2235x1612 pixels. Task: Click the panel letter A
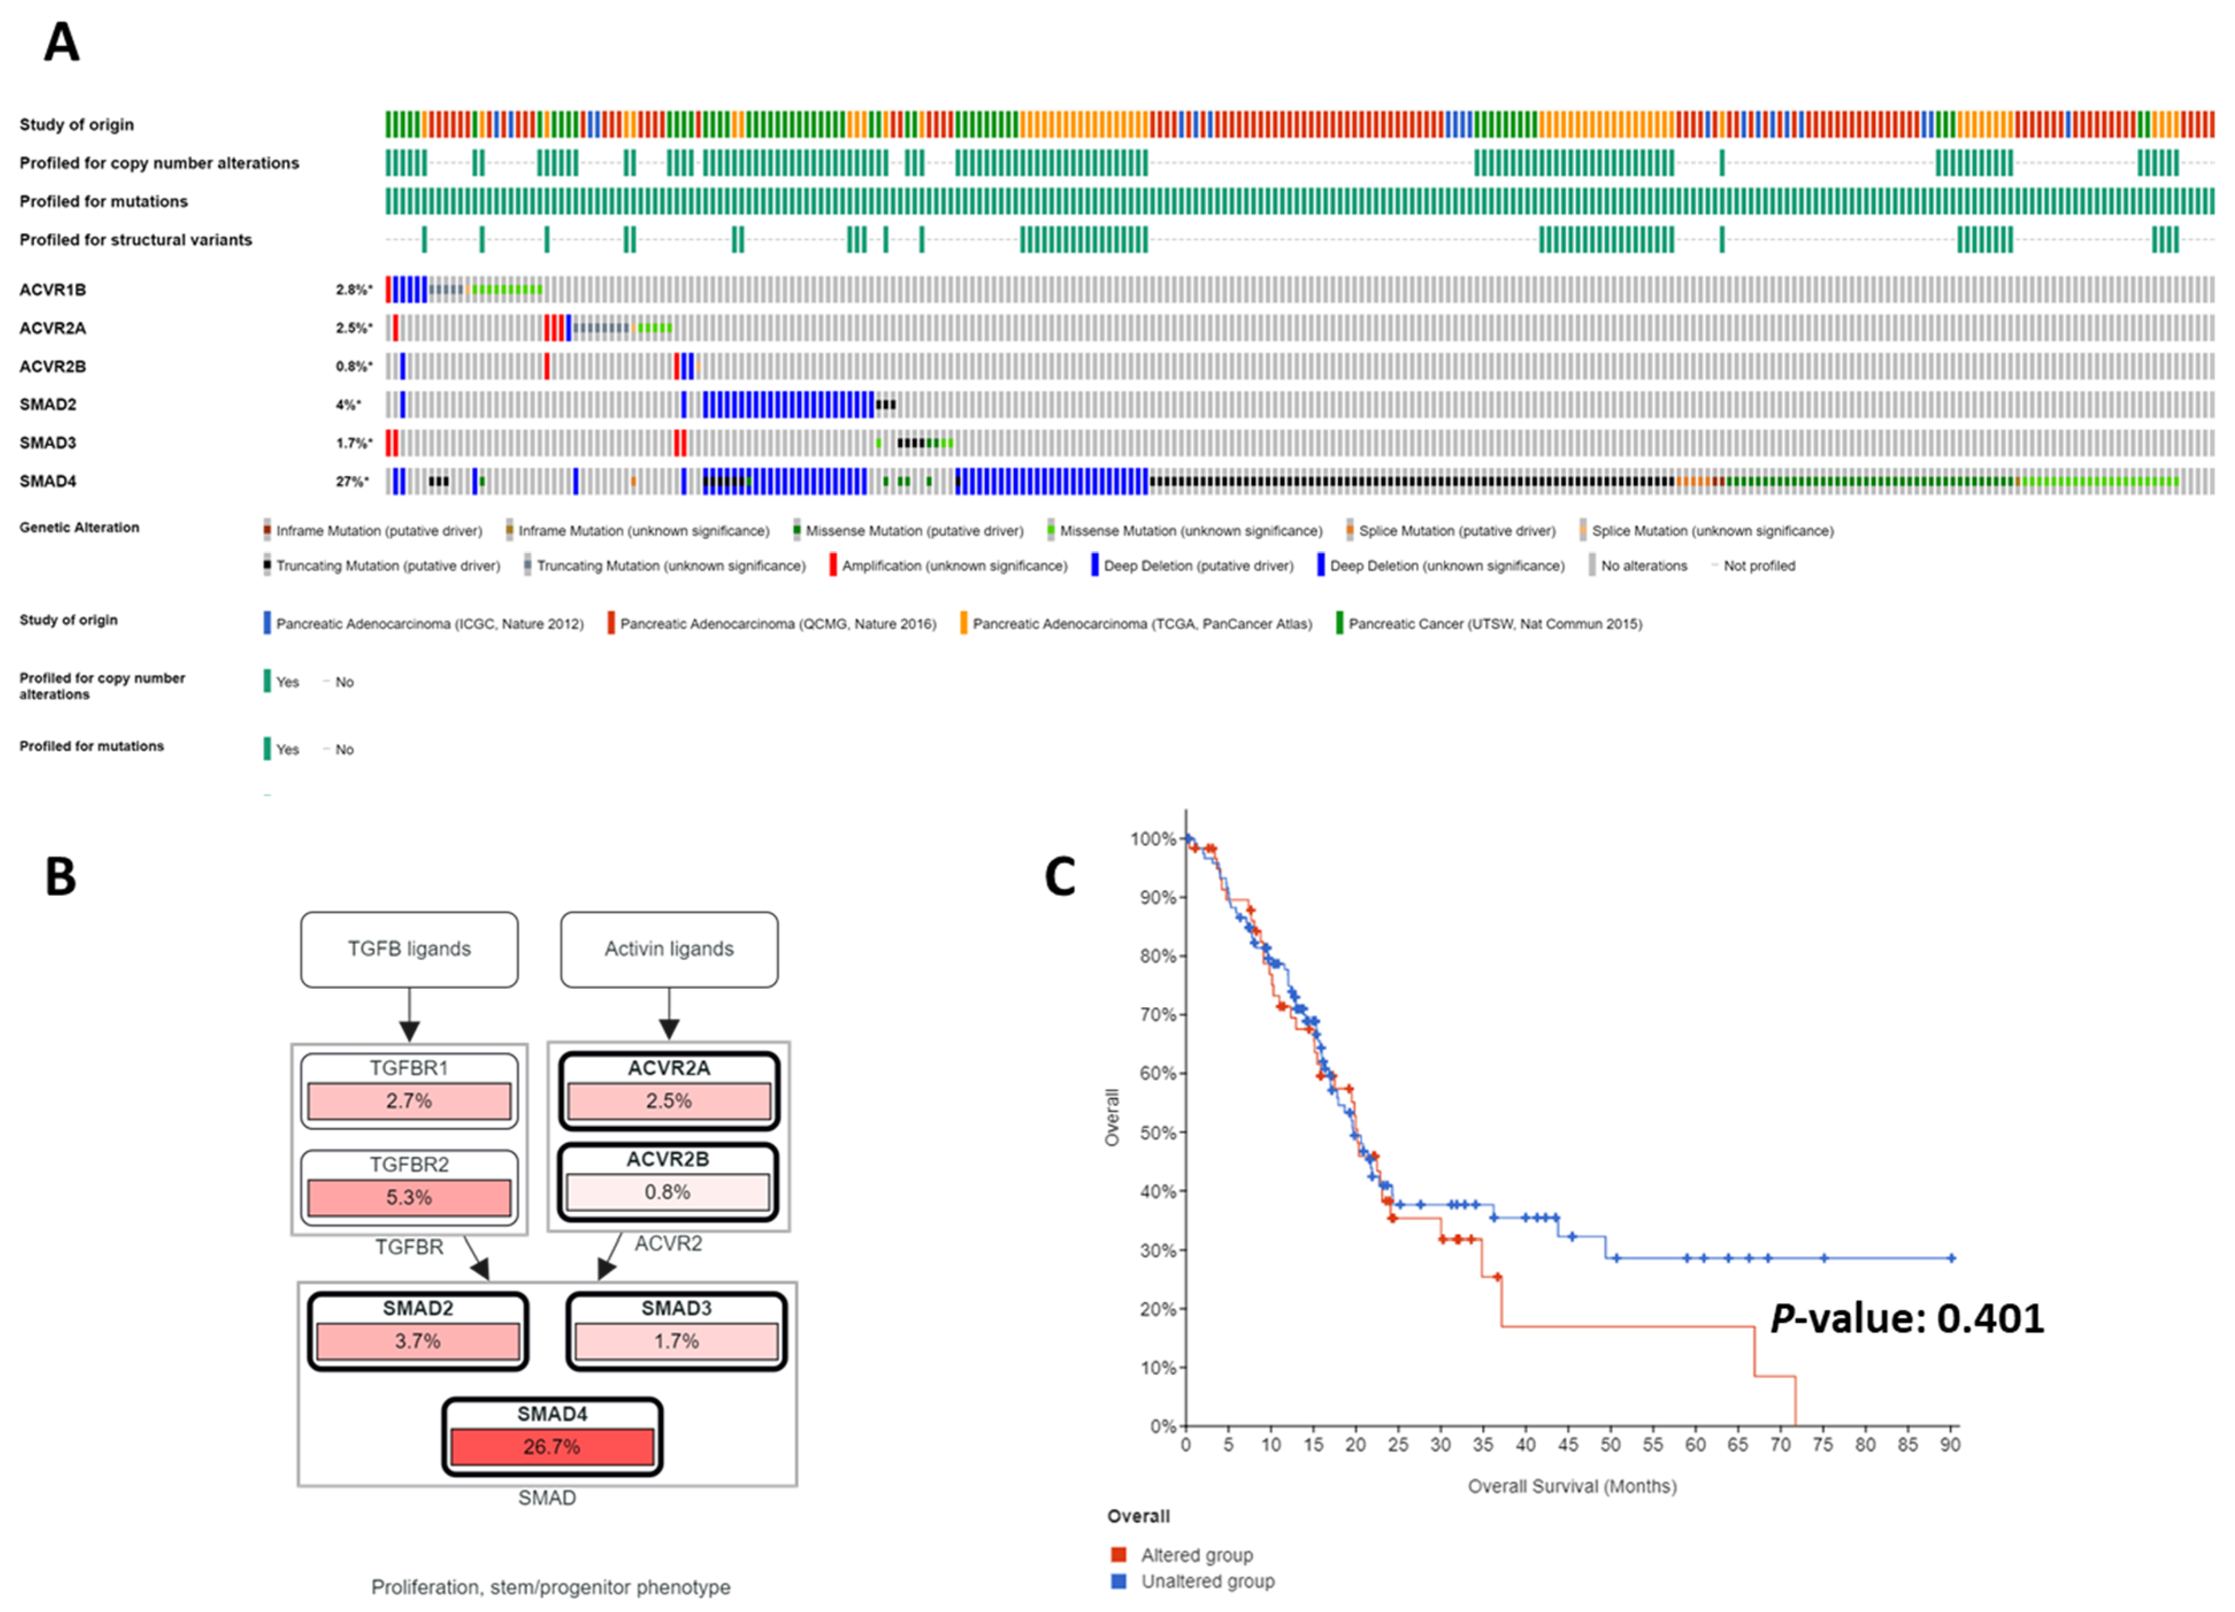click(61, 43)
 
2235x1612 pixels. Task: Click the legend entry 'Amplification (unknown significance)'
click(953, 566)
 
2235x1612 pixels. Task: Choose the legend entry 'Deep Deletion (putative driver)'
click(1197, 566)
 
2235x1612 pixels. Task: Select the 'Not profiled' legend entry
click(1758, 566)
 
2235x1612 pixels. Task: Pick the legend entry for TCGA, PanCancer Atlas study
click(1141, 624)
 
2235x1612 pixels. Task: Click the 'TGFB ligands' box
click(409, 949)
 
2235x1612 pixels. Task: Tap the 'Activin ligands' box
click(669, 949)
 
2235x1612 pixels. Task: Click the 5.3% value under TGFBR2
click(409, 1197)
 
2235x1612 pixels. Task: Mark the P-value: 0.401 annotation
click(1907, 1318)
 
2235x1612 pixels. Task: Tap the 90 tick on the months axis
click(1949, 1445)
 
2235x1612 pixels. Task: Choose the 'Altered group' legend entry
click(1195, 1555)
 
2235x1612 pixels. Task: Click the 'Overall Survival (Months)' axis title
click(1572, 1486)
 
